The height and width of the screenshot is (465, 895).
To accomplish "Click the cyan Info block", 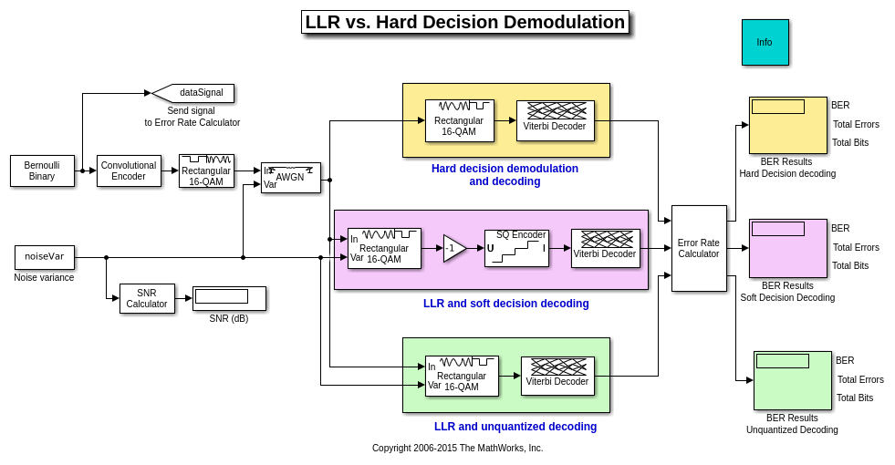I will coord(765,42).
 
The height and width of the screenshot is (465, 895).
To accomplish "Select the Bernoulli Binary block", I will coord(42,170).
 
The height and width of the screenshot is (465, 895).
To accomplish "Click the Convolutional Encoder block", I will coord(129,170).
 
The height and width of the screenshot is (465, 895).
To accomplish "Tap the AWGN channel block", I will coord(290,178).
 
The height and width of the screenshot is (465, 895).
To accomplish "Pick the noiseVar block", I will coord(45,257).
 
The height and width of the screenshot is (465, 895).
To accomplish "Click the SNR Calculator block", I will coord(147,298).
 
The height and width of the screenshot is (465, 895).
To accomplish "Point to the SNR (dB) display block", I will coord(229,298).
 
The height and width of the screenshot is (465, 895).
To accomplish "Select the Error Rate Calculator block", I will coord(699,248).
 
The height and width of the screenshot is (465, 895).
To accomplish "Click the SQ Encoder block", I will coord(516,248).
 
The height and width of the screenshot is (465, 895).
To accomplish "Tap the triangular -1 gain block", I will coord(453,248).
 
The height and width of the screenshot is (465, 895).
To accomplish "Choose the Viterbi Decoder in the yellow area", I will coord(555,120).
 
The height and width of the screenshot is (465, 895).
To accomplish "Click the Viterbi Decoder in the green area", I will coord(557,376).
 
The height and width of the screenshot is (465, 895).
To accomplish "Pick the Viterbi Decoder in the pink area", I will coord(605,248).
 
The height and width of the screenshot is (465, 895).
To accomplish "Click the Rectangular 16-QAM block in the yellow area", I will coord(459,120).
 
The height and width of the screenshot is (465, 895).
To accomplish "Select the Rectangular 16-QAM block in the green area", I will coord(462,376).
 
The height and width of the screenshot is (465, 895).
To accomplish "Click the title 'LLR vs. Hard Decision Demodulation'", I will coord(464,22).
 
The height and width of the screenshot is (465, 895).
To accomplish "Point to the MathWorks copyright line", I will coord(457,448).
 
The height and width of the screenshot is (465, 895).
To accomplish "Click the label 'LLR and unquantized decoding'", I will coord(515,427).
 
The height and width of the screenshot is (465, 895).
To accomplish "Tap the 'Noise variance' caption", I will coord(44,277).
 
